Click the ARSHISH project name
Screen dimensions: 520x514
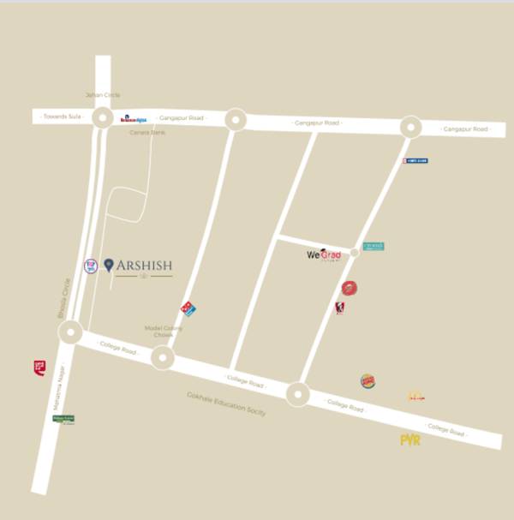click(x=144, y=266)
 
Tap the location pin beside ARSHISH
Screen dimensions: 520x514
click(x=109, y=266)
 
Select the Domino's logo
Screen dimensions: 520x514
click(x=188, y=308)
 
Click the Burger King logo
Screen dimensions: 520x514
click(x=368, y=380)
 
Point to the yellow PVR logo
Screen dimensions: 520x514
click(x=410, y=439)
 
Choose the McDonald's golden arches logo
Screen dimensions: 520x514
click(x=416, y=396)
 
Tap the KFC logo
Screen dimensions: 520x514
click(x=340, y=308)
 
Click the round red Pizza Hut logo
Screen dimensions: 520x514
click(x=349, y=288)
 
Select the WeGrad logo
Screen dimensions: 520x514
click(x=324, y=254)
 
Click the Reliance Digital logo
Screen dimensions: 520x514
click(x=134, y=119)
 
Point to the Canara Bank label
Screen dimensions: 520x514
click(x=147, y=133)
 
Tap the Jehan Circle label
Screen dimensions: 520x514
click(x=103, y=95)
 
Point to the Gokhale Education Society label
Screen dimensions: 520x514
click(x=226, y=403)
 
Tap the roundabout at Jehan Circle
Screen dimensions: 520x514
click(x=103, y=118)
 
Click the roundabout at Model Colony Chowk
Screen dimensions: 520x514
click(x=163, y=358)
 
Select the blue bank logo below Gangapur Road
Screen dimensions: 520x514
click(x=415, y=160)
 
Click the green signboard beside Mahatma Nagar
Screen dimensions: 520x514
click(x=63, y=419)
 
